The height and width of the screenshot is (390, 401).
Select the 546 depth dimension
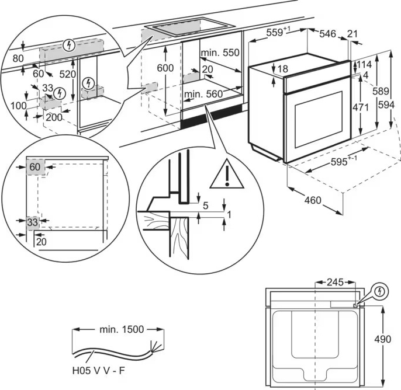327,34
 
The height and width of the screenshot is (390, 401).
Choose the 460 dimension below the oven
313,201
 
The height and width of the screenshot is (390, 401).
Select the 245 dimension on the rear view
334,283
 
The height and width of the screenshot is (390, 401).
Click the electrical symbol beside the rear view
379,290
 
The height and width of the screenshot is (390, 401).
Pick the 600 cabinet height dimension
165,68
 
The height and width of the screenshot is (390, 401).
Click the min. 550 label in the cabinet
220,53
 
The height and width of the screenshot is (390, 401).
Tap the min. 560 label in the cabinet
203,94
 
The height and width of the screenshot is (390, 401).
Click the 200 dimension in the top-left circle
53,117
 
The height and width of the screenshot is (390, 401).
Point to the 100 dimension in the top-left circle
19,106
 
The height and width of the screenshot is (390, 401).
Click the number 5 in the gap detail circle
205,205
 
